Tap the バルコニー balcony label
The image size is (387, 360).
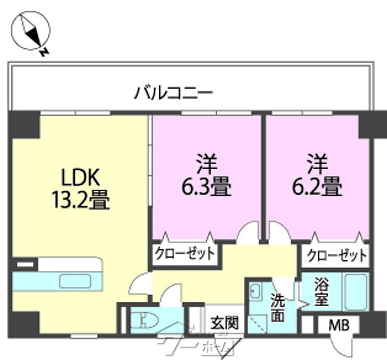click(174, 91)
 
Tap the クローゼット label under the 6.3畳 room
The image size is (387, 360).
click(185, 254)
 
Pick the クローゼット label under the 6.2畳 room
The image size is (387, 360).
click(336, 255)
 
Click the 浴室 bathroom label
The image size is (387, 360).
click(322, 293)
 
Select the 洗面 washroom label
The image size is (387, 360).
click(278, 307)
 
